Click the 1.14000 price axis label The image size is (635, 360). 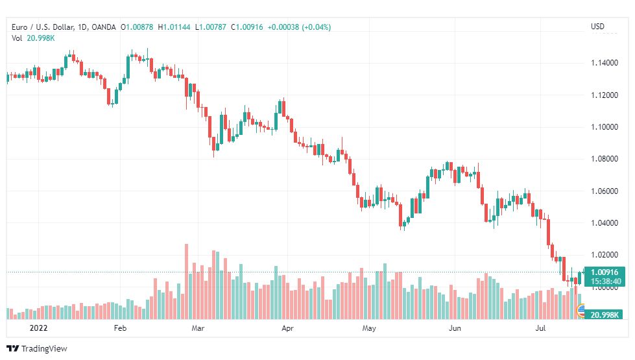click(x=605, y=63)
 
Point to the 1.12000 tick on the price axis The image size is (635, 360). click(x=605, y=95)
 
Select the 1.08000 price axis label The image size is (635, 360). click(x=605, y=159)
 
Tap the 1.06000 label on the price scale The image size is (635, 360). click(x=605, y=191)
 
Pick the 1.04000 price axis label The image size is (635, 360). click(x=605, y=222)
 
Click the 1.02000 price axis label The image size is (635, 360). click(x=605, y=255)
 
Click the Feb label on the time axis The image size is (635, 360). click(x=120, y=328)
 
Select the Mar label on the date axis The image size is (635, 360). click(x=198, y=328)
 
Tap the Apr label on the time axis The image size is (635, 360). click(x=287, y=328)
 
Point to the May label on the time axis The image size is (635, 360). click(x=369, y=328)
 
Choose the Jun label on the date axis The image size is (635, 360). click(x=455, y=328)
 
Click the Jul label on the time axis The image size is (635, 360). click(x=540, y=328)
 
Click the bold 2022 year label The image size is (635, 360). click(x=38, y=328)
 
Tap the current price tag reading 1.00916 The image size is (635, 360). click(x=605, y=272)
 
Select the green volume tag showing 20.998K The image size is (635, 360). click(x=605, y=315)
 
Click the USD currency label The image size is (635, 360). click(x=598, y=27)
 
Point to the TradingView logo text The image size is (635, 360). click(x=44, y=349)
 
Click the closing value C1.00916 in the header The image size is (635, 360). click(x=247, y=27)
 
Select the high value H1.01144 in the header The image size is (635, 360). click(x=174, y=27)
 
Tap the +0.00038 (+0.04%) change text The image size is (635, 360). click(x=299, y=27)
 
